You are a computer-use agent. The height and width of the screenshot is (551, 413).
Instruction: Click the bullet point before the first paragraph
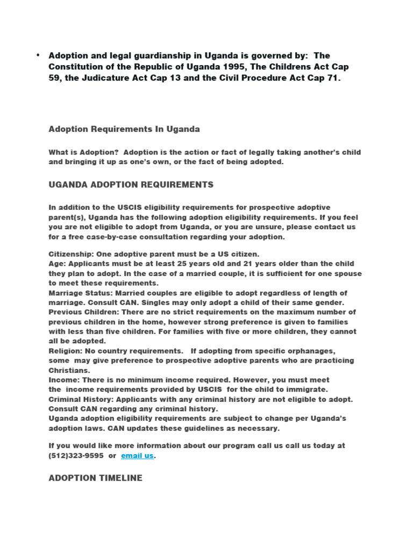tap(39, 55)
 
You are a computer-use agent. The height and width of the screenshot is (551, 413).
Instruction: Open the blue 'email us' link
tap(137, 456)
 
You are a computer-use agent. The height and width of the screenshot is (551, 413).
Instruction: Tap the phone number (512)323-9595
tap(76, 456)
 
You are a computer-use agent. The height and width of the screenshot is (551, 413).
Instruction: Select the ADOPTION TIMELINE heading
tap(96, 478)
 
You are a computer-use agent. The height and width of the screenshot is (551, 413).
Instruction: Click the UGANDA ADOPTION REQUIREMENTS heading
tap(131, 185)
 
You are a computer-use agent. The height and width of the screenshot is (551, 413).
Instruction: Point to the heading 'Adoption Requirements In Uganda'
tap(124, 129)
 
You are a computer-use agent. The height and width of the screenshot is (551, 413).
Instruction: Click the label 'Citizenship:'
tap(71, 253)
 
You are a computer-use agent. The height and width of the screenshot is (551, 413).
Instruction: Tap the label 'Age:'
tap(57, 264)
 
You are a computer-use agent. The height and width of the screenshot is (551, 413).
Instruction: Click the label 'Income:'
tap(63, 380)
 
